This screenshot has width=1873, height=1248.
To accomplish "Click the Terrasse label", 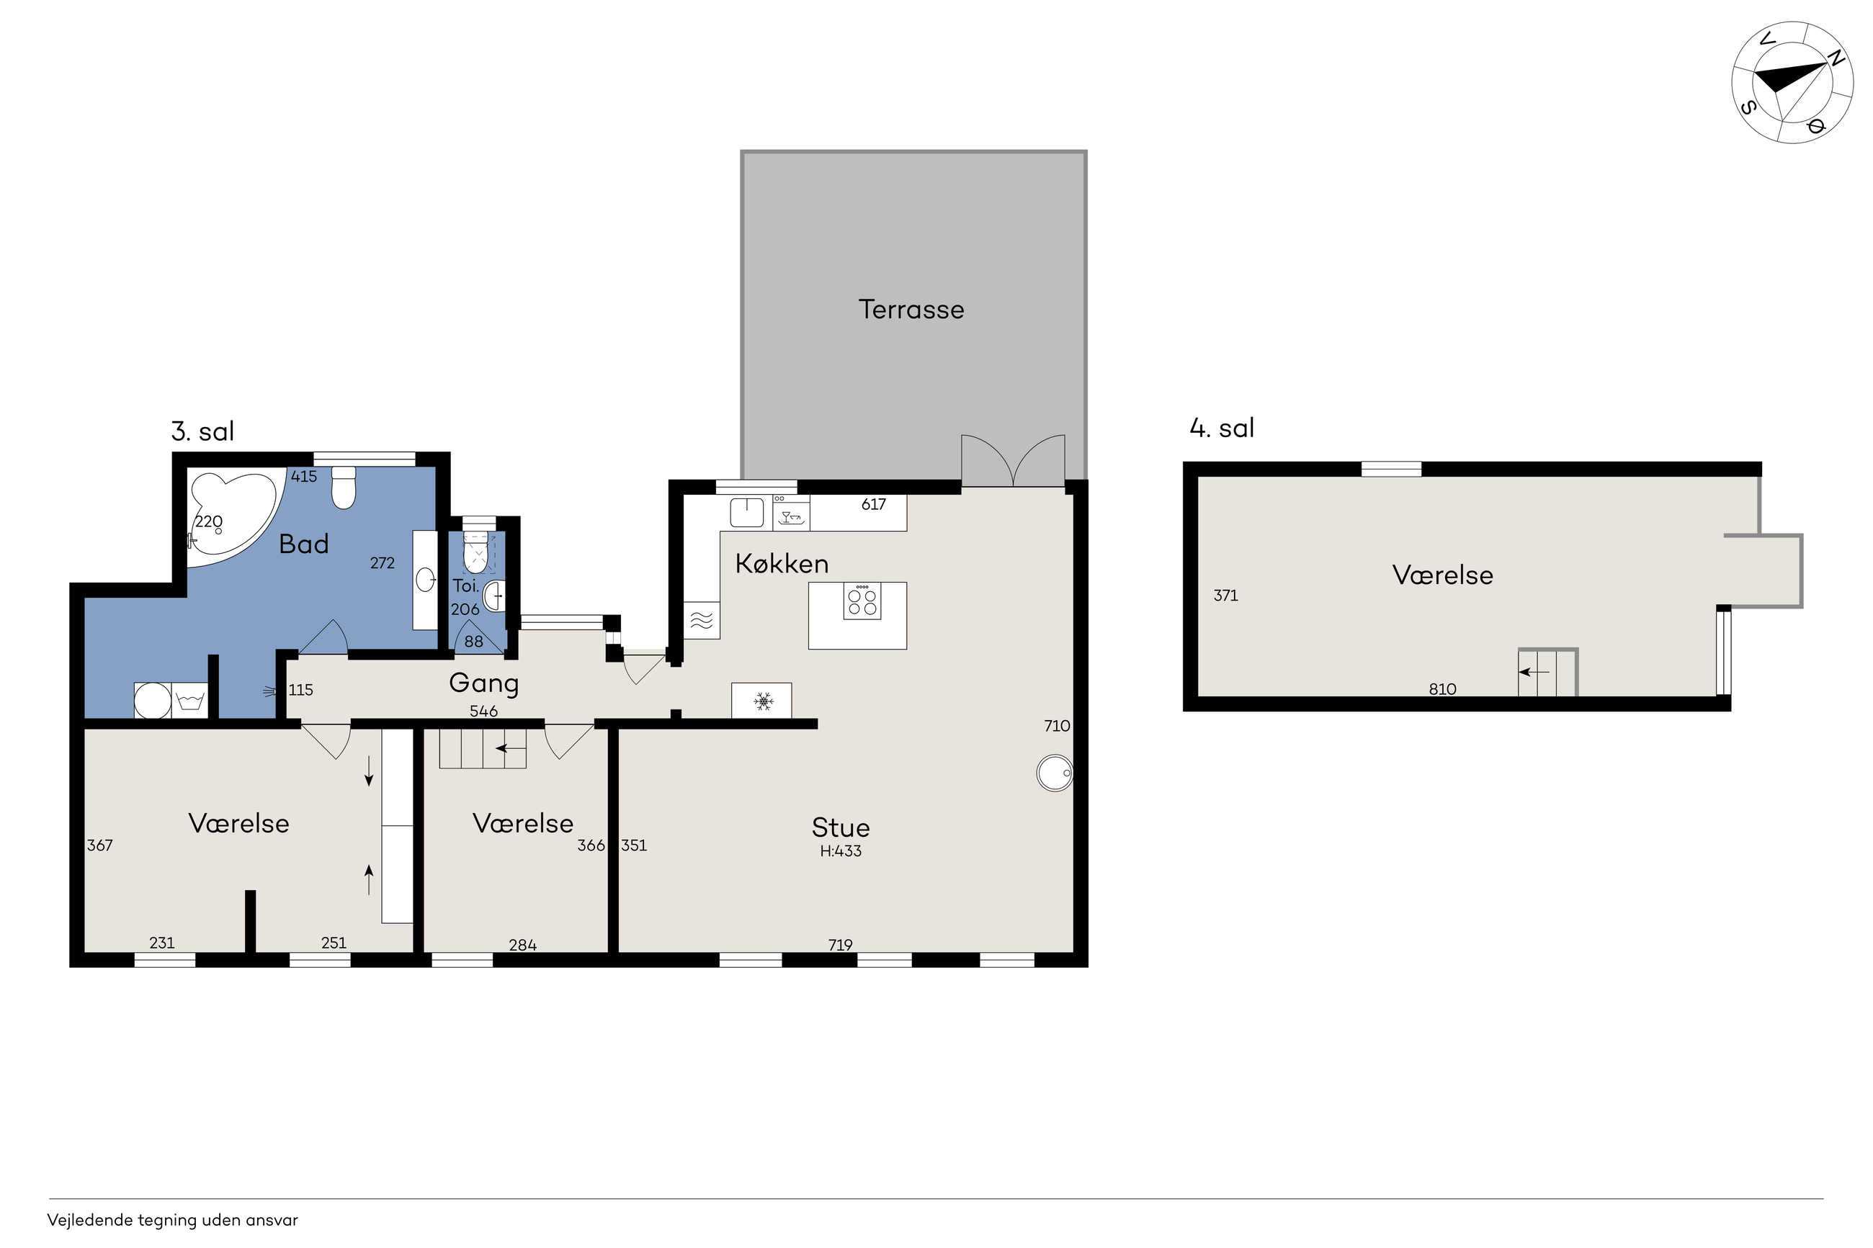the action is click(911, 310).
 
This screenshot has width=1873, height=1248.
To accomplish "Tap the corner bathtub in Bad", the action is click(231, 517).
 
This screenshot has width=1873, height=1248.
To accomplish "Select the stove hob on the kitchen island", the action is click(862, 601).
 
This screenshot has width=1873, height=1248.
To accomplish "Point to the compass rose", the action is click(1792, 83).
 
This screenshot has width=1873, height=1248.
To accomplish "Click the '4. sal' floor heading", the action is click(1222, 428).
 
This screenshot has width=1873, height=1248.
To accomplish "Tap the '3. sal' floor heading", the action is click(203, 431).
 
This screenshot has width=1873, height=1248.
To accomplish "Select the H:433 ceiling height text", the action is click(841, 850).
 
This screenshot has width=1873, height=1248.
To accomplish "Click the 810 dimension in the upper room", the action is click(1442, 689).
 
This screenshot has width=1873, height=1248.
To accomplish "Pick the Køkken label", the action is click(782, 564).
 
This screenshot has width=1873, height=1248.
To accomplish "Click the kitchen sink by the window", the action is click(746, 513).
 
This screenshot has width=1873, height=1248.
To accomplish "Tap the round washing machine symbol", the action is click(152, 701).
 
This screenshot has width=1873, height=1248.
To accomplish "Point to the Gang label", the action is click(484, 683).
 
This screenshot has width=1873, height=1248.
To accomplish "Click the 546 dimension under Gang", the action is click(484, 711).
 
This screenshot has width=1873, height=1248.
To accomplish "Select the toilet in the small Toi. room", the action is click(475, 552).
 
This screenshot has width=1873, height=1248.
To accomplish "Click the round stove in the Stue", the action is click(1055, 773).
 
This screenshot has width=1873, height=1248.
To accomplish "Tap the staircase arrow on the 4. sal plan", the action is click(1534, 673).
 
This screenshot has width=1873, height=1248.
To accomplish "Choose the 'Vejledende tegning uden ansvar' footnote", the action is click(173, 1220).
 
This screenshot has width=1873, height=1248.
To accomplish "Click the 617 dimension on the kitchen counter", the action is click(873, 504).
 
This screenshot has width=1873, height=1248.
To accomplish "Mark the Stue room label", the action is click(841, 827).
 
